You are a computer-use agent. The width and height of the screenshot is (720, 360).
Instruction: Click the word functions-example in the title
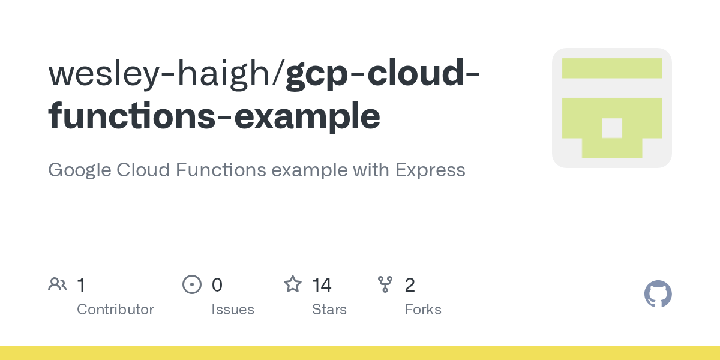pos(214,115)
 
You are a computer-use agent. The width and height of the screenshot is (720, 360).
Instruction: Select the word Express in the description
pos(430,170)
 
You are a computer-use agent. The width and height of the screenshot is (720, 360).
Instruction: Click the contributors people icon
pos(58,284)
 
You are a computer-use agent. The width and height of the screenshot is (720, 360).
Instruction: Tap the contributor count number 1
pos(81,284)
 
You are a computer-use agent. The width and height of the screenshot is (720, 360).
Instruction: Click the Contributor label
pos(115,310)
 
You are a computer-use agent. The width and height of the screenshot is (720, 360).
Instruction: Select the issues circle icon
pos(191,284)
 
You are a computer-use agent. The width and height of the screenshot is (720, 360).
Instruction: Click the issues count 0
pos(217,284)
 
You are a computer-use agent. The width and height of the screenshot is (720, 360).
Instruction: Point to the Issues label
pos(232,310)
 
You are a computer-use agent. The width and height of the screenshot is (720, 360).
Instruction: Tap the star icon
pos(292,284)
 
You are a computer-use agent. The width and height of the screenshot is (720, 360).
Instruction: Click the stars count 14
pos(322,284)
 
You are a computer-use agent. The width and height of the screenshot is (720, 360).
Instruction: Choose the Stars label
pos(329,310)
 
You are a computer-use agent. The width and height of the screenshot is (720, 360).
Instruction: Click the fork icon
pos(385,284)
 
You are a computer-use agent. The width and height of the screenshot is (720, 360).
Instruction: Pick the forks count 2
pos(410,284)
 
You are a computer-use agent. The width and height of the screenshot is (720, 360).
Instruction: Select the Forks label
pos(422,310)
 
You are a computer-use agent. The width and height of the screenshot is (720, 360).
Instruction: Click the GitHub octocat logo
pos(658,294)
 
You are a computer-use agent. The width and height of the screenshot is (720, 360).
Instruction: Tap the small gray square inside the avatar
pos(611,128)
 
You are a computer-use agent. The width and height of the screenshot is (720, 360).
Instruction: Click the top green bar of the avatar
pos(611,68)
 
